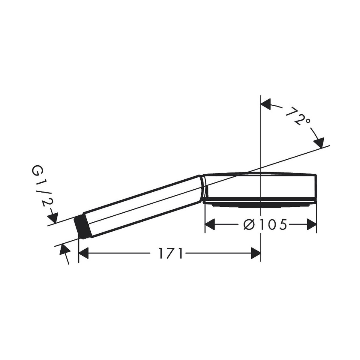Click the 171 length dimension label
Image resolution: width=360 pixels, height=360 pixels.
[170, 253]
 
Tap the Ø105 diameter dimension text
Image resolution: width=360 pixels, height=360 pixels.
[265, 224]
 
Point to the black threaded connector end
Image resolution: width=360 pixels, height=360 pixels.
[82, 227]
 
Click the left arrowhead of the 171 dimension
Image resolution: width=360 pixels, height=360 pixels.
[83, 253]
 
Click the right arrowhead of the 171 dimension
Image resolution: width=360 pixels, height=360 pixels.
[256, 253]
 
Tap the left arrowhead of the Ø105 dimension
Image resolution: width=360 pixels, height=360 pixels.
[210, 225]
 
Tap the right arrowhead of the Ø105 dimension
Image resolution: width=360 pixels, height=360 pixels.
[312, 225]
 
